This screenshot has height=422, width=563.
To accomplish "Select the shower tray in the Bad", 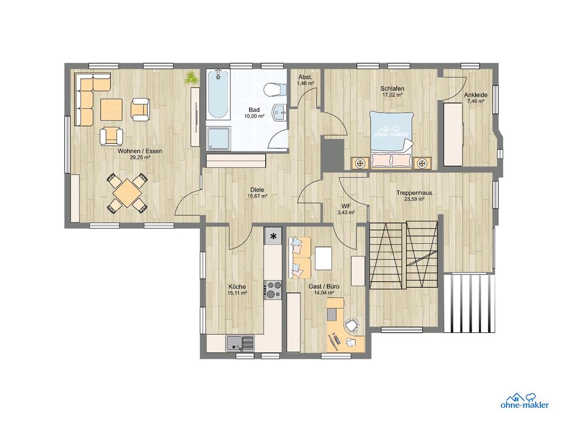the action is (219, 138).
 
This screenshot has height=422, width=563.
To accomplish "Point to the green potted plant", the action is (191, 77).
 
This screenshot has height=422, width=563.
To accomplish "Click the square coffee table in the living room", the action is (111, 110).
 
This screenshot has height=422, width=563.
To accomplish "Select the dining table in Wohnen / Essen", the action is (127, 193).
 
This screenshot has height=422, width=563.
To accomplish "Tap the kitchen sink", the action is (240, 343).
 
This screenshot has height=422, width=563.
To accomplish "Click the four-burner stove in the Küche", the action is (274, 290).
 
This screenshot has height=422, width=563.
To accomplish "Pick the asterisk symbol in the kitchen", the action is (274, 236).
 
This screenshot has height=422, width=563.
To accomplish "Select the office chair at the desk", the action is (351, 325).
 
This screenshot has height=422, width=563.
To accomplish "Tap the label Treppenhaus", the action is (414, 193).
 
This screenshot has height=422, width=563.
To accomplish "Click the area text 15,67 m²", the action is (257, 196).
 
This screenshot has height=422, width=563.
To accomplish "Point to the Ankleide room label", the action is (476, 95).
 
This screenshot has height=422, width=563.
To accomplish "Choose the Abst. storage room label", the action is (305, 77).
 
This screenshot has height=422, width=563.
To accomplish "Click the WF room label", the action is (346, 206).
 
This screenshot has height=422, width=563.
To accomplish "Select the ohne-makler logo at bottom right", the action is (524, 401).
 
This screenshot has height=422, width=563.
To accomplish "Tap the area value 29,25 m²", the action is (140, 157).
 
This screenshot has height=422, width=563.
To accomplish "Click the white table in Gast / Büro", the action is (324, 258).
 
